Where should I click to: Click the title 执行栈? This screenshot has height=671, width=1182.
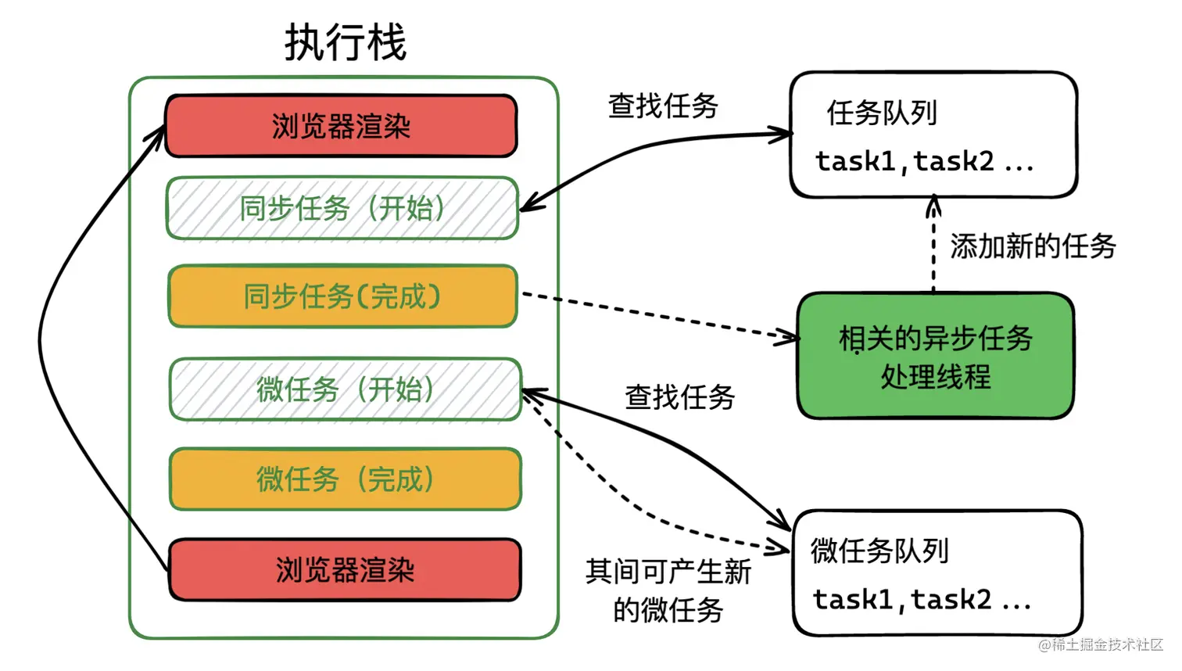345,42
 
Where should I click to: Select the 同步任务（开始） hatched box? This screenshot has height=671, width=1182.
342,208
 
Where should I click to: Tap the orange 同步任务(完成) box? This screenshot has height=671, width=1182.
342,296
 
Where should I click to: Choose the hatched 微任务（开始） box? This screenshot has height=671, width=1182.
345,389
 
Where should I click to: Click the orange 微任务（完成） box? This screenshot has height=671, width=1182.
345,479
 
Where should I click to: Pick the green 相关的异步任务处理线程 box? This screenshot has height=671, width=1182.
935,357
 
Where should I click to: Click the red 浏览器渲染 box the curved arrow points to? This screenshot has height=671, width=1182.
341,126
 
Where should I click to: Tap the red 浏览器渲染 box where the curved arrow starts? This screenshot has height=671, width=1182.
345,569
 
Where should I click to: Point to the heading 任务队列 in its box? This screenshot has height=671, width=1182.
882,113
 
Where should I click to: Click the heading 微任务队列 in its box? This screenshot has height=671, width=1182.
879,551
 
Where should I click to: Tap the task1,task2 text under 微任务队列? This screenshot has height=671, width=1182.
922,600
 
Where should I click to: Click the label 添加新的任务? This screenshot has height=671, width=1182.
1033,246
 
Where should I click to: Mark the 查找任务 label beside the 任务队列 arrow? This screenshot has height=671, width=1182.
663,106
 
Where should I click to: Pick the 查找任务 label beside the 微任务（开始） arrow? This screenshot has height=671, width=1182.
679,397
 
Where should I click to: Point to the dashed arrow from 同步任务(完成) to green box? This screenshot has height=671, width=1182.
657,316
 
